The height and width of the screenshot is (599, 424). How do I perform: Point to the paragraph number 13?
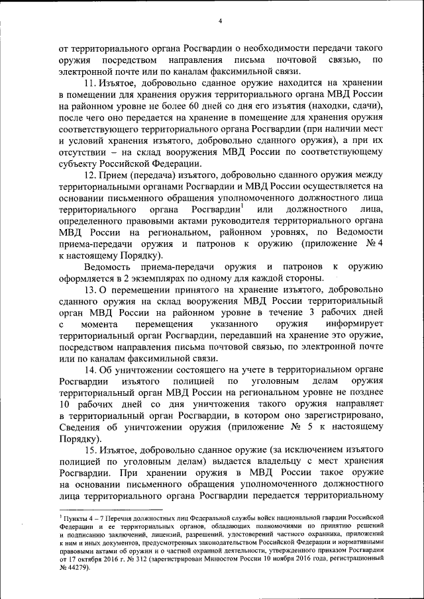[x=89, y=290]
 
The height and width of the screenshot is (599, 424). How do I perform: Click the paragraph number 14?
[x=89, y=369]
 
